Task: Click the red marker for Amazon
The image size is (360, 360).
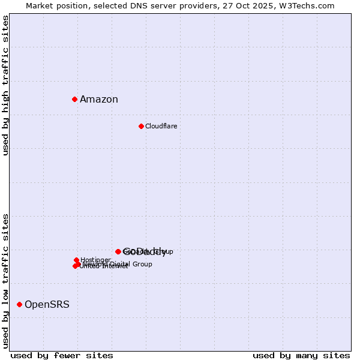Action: [x=74, y=99]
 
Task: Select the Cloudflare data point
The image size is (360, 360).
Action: [x=141, y=126]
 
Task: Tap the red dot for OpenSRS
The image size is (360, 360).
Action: [x=19, y=305]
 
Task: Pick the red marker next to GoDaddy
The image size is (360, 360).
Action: [x=118, y=252]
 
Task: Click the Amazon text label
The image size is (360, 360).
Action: [x=99, y=100]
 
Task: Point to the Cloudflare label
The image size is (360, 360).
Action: [x=161, y=126]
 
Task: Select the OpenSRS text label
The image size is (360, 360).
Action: [x=47, y=305]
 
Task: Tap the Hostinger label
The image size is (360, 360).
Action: [x=95, y=260]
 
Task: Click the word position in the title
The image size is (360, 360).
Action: [x=74, y=6]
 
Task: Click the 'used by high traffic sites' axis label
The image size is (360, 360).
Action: [x=6, y=85]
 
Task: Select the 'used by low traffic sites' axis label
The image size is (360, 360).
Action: [x=6, y=280]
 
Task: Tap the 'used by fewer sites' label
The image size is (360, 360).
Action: [x=62, y=355]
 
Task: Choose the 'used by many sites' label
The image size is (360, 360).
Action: [x=301, y=355]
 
